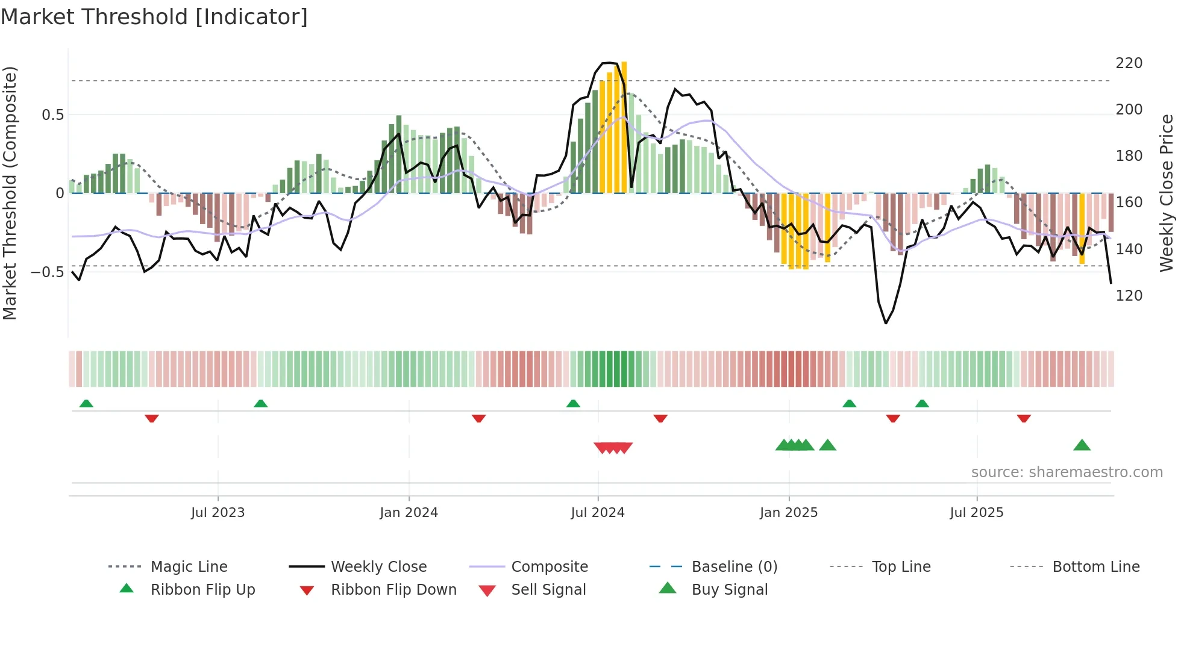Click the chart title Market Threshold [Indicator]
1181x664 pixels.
(154, 17)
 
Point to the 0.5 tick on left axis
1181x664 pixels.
(52, 115)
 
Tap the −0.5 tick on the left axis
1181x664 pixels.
(48, 272)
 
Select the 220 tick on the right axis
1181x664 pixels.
(1129, 63)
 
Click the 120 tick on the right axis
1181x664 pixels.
(1129, 296)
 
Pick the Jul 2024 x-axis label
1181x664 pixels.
(597, 513)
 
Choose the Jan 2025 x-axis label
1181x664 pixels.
(788, 513)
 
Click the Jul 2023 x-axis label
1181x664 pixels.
(218, 513)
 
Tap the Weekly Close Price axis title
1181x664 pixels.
(1167, 193)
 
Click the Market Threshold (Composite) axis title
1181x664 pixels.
(10, 193)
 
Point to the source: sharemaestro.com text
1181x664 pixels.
(1067, 472)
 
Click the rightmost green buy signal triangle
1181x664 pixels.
(1082, 446)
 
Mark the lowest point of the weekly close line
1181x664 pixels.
(885, 324)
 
